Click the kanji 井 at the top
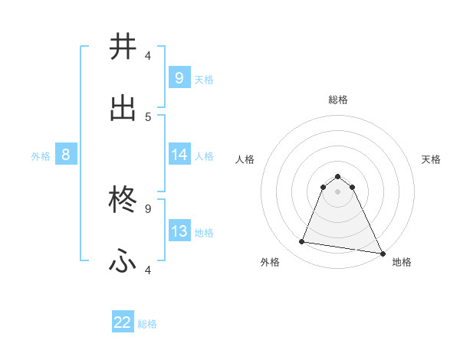[x=123, y=47]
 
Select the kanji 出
[x=123, y=109]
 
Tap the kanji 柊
[x=123, y=201]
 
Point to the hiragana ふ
[x=123, y=263]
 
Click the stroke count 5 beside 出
[x=148, y=116]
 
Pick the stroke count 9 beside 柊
[x=148, y=208]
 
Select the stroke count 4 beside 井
[x=148, y=55]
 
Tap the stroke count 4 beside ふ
[x=148, y=270]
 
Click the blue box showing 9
[x=179, y=77]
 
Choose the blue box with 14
[x=179, y=155]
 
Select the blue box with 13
[x=179, y=231]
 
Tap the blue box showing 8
[x=65, y=155]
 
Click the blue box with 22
[x=123, y=322]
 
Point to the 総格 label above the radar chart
[x=338, y=100]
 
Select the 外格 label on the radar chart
[x=270, y=262]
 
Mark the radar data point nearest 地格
[x=382, y=253]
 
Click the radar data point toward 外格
[x=302, y=242]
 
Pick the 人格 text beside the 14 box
[x=204, y=155]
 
